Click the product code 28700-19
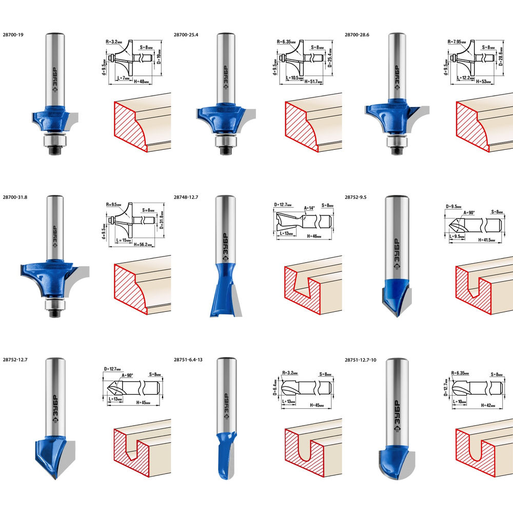point(13,35)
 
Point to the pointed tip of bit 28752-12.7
point(53,477)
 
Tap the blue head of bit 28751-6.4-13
point(224,454)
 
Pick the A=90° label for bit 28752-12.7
point(126,376)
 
